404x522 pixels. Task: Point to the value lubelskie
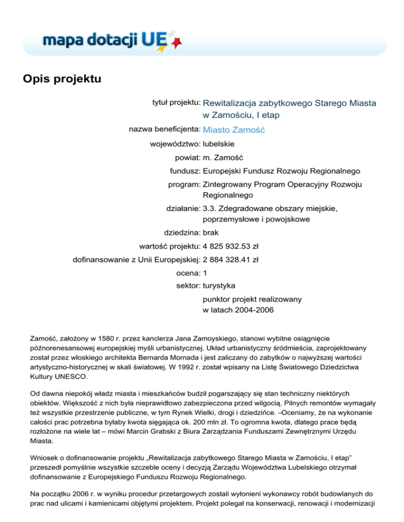(218, 143)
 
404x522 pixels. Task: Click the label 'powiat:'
(187, 157)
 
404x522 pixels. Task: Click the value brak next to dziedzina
(210, 231)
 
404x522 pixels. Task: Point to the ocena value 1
(205, 273)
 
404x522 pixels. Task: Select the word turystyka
(219, 286)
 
